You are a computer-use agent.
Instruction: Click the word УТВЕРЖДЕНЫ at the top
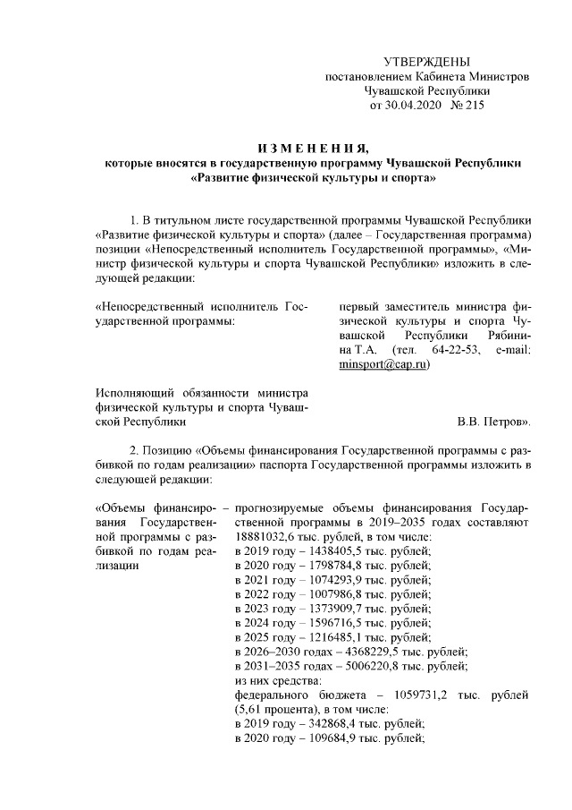click(426, 61)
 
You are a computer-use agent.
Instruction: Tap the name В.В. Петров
click(495, 420)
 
